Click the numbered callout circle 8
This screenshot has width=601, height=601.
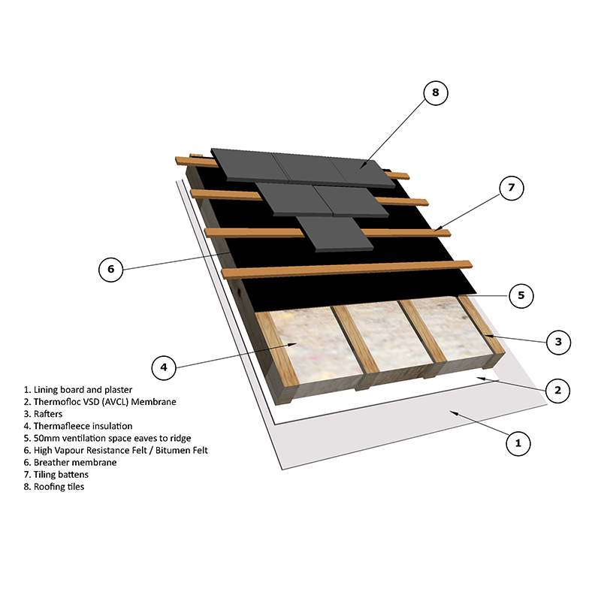pos(435,93)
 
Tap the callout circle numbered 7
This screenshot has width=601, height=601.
pos(511,188)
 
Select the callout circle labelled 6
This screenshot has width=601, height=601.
pos(110,269)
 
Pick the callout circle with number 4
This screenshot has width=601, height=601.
pos(164,367)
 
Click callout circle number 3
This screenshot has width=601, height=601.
pos(557,343)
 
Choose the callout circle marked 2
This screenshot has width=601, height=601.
pos(557,389)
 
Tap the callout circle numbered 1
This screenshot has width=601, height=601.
pos(517,443)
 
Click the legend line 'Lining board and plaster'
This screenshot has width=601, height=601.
pos(78,390)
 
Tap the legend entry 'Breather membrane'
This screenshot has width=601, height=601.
pos(72,462)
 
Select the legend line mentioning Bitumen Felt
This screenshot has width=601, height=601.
pos(116,450)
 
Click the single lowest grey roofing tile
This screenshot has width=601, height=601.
pos(334,234)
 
